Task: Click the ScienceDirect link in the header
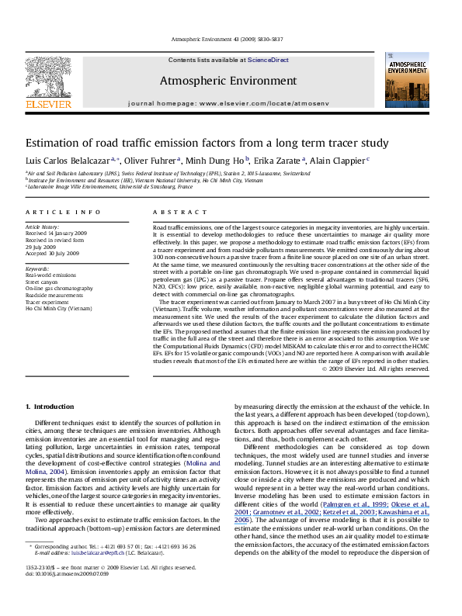[x=268, y=61]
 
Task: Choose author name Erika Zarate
[x=269, y=161]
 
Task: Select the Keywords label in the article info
[x=38, y=268]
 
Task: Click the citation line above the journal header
[x=231, y=41]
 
